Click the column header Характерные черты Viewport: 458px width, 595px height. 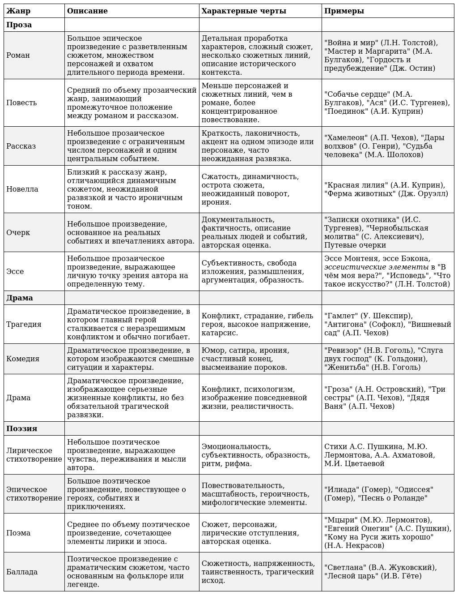[x=244, y=11]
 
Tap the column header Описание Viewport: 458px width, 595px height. [x=87, y=11]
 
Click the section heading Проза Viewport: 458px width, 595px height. [x=19, y=25]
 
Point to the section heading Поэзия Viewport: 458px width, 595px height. [x=21, y=428]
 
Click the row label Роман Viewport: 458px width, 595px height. [x=18, y=55]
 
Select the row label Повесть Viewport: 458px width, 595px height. [x=21, y=103]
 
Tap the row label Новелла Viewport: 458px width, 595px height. [x=22, y=189]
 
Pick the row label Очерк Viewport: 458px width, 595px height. [x=18, y=232]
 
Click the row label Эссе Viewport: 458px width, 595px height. [x=15, y=271]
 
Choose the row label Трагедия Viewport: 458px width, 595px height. [x=24, y=324]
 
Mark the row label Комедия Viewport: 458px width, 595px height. [x=23, y=359]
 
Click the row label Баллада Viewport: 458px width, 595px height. [x=22, y=572]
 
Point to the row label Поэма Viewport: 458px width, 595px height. [x=18, y=533]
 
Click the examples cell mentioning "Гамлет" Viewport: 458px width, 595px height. [x=387, y=324]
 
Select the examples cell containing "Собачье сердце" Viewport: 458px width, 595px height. [x=387, y=103]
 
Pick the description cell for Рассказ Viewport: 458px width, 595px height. [x=131, y=146]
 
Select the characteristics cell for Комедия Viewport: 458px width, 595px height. [x=260, y=359]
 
